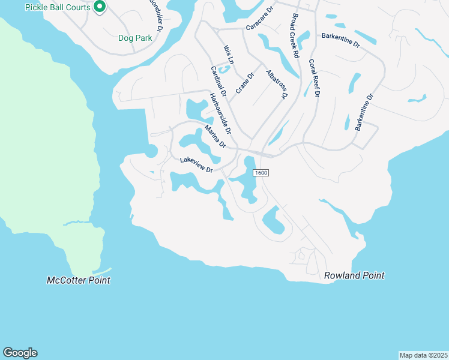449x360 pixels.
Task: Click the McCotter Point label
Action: pos(79,280)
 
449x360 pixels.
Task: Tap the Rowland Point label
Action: pos(354,275)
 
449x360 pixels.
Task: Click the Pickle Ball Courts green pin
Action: pos(100,7)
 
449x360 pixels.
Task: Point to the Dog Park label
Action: pos(134,38)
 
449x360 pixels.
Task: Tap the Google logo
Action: pos(20,353)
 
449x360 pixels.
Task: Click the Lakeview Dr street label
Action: pos(197,165)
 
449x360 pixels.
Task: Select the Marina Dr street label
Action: pos(214,136)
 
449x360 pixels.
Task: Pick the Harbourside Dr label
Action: pos(220,113)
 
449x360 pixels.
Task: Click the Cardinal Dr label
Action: pos(218,82)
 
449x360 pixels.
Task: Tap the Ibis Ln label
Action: pos(228,53)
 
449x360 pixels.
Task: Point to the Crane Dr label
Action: pos(246,83)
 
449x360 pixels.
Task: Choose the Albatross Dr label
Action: pos(276,83)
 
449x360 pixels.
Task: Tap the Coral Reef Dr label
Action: pos(314,77)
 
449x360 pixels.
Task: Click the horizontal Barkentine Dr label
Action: pos(340,40)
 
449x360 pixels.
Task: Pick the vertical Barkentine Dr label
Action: pos(364,112)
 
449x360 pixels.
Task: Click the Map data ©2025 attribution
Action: pos(423,355)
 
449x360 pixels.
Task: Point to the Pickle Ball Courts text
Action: pos(58,7)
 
